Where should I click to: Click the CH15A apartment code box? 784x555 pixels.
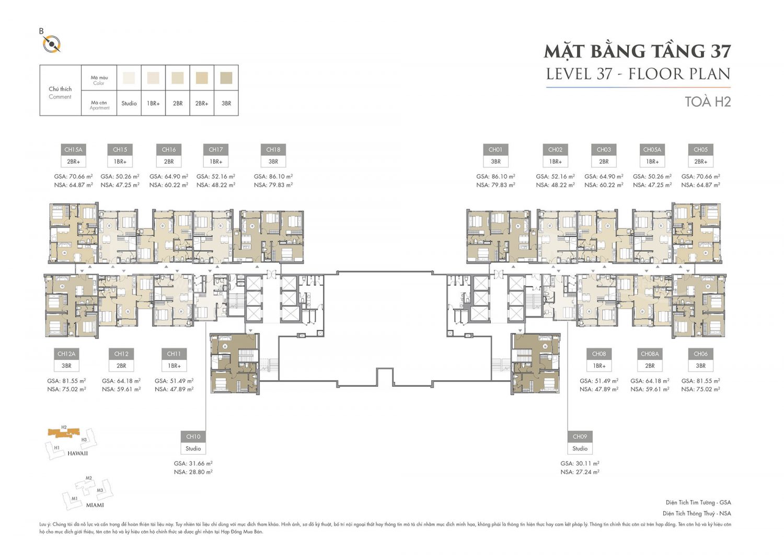pyautogui.click(x=73, y=150)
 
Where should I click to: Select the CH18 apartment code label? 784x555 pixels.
pyautogui.click(x=273, y=150)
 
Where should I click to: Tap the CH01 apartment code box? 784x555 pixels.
pyautogui.click(x=495, y=150)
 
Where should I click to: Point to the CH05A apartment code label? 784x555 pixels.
pyautogui.click(x=652, y=150)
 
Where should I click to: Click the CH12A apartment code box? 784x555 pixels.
pyautogui.click(x=66, y=354)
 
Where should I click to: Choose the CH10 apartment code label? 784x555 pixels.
pyautogui.click(x=193, y=437)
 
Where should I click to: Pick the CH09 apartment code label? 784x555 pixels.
pyautogui.click(x=580, y=437)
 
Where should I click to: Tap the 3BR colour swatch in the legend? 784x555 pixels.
pyautogui.click(x=226, y=78)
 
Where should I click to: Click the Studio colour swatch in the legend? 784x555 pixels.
pyautogui.click(x=129, y=78)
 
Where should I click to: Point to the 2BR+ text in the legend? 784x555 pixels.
pyautogui.click(x=202, y=104)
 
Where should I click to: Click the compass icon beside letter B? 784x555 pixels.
pyautogui.click(x=52, y=44)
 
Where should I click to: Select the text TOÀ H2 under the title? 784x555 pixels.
pyautogui.click(x=708, y=101)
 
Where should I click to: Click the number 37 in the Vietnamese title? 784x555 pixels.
pyautogui.click(x=720, y=51)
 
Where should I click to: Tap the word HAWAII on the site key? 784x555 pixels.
pyautogui.click(x=77, y=454)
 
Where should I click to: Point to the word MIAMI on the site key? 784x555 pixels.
pyautogui.click(x=95, y=505)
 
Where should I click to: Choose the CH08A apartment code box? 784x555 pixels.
pyautogui.click(x=650, y=354)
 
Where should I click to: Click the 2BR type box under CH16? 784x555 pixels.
pyautogui.click(x=169, y=162)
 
